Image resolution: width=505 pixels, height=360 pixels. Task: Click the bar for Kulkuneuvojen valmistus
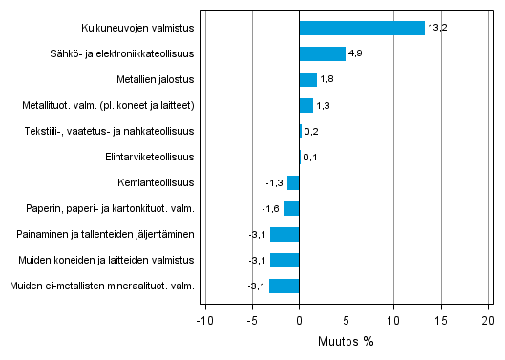362,28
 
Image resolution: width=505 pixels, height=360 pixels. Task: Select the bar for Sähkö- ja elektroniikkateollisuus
323,53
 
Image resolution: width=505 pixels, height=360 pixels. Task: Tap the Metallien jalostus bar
307,79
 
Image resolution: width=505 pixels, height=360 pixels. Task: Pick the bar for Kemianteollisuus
293,182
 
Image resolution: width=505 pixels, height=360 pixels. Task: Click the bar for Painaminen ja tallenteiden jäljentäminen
284,234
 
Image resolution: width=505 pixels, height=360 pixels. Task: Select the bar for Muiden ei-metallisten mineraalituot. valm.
284,286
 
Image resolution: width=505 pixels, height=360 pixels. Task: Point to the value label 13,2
438,28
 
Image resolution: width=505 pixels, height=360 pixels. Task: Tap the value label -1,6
270,208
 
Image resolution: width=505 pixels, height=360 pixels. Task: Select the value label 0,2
311,131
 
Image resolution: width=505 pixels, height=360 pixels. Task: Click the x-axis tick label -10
204,321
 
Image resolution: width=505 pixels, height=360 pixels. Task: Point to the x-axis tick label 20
488,321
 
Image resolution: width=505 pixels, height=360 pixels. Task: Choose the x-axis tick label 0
299,321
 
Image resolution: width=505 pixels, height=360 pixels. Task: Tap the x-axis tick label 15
440,321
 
